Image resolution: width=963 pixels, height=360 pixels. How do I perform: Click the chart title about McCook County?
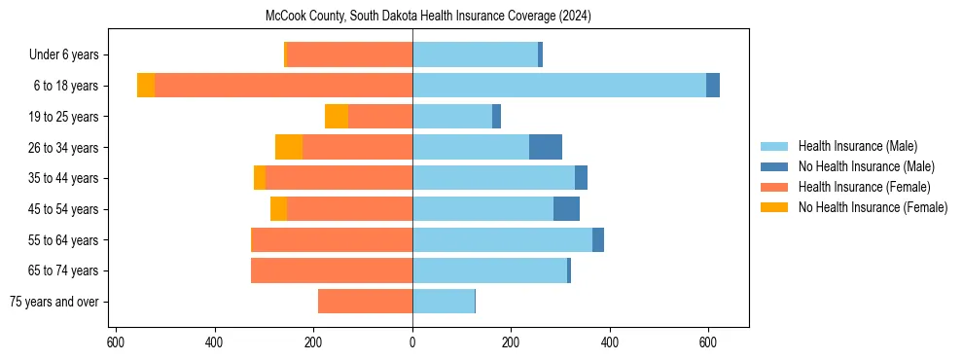pyautogui.click(x=428, y=17)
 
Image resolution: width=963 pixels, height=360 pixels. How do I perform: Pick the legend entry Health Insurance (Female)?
pyautogui.click(x=864, y=187)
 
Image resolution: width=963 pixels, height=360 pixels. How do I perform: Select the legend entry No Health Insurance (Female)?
pyautogui.click(x=872, y=207)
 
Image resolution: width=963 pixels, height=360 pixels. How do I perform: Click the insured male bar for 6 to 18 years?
pyautogui.click(x=559, y=86)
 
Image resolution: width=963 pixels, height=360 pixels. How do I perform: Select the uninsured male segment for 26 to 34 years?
pyautogui.click(x=546, y=147)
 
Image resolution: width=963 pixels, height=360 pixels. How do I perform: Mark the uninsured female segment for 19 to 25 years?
pyautogui.click(x=337, y=117)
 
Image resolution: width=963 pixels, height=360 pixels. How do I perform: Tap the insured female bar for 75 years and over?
pyautogui.click(x=365, y=302)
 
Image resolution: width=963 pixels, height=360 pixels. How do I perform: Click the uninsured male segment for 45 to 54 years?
pyautogui.click(x=566, y=209)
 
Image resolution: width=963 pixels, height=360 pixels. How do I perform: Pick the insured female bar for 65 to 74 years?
pyautogui.click(x=332, y=270)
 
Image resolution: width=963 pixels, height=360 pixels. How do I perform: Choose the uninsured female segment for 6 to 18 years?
pyautogui.click(x=146, y=86)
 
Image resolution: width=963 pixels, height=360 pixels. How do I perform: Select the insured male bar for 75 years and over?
pyautogui.click(x=444, y=302)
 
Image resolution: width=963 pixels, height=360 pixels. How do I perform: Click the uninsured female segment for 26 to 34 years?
pyautogui.click(x=289, y=147)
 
